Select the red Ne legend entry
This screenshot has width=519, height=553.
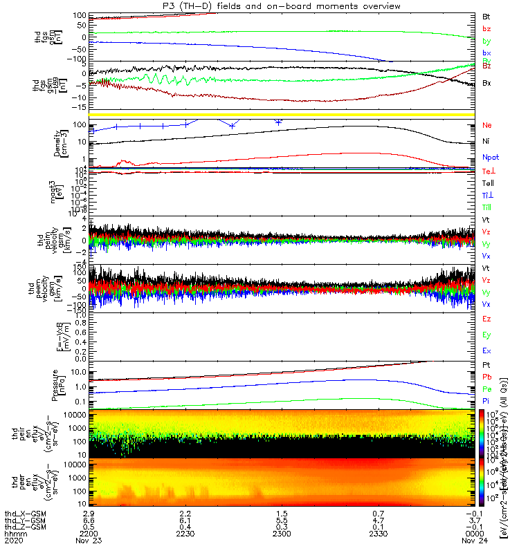(486, 125)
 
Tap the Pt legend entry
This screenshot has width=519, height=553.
(486, 364)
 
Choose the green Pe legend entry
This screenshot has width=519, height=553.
(486, 389)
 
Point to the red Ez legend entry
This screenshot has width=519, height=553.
(486, 319)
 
